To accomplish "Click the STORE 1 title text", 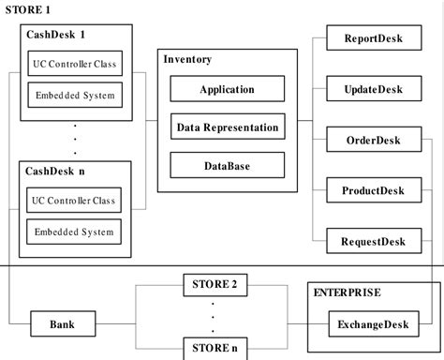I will (x=28, y=8).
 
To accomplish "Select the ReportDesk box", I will (x=374, y=39).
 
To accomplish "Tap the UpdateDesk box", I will (x=374, y=90).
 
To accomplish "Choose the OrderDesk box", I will (x=374, y=141).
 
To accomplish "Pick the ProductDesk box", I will (x=374, y=191).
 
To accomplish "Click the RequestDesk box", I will (x=374, y=242).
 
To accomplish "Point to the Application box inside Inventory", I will (x=227, y=90).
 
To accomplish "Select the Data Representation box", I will (x=227, y=127).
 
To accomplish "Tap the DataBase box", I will (x=227, y=166).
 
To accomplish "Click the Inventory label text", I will (x=187, y=59).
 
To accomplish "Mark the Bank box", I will (x=63, y=325).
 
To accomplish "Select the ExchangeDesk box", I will (x=372, y=325).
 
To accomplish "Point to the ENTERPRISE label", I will (x=347, y=292).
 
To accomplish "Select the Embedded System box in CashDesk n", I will (x=73, y=232).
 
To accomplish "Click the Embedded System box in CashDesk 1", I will (x=73, y=95).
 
